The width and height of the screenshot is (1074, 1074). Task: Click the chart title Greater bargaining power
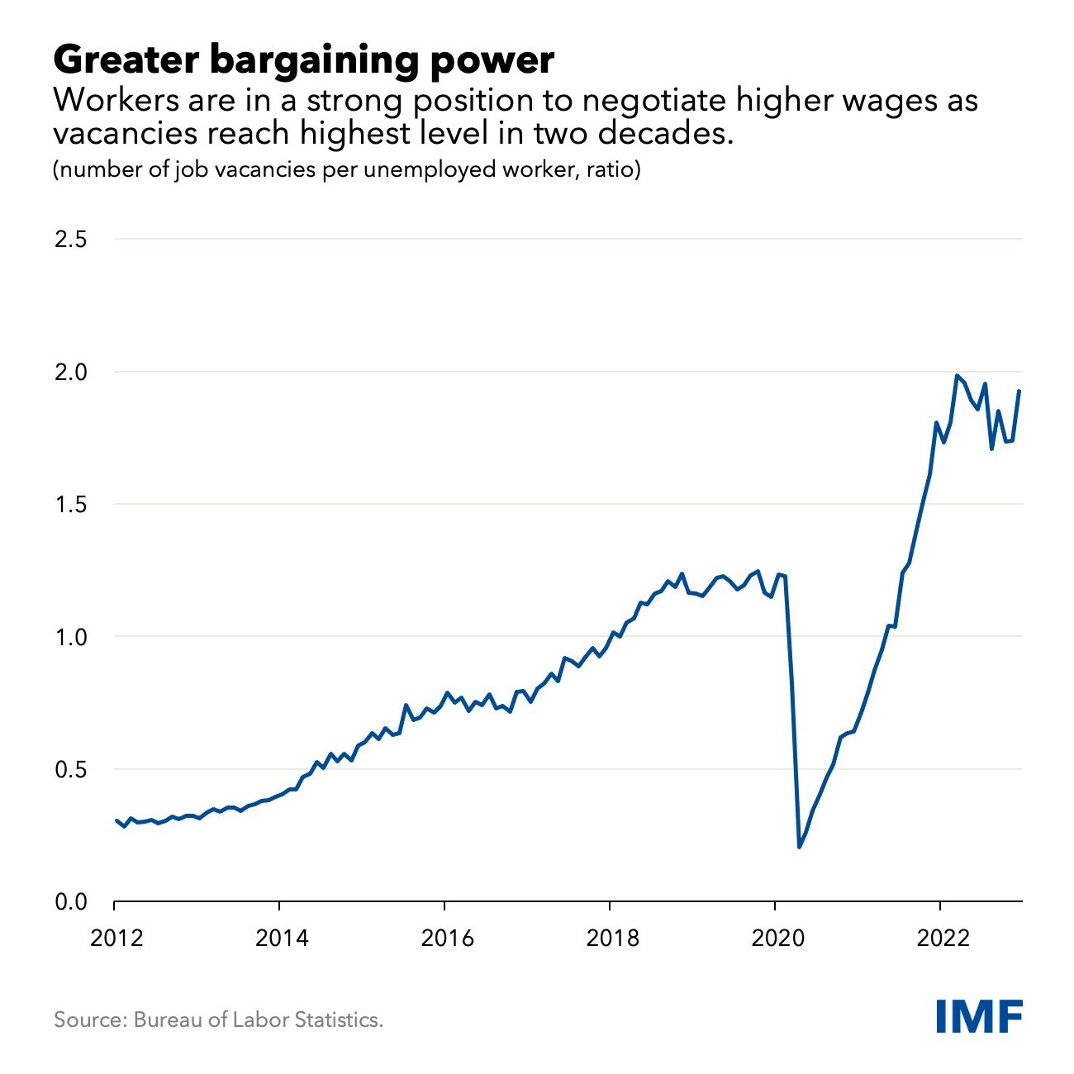coord(303,60)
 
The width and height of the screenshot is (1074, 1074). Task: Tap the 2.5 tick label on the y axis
coord(71,240)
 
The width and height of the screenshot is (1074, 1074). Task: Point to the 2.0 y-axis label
coord(71,373)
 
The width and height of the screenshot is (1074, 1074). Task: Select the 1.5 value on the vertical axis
coord(71,505)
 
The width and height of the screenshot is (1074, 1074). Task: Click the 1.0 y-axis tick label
coord(71,637)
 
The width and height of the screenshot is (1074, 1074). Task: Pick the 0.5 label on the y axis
coord(71,770)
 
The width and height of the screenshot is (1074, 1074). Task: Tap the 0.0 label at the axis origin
coord(71,902)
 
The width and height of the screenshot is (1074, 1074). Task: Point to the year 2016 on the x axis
coord(447,939)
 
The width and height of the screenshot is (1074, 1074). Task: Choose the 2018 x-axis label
coord(612,939)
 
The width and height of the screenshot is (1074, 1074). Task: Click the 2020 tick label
coord(777,939)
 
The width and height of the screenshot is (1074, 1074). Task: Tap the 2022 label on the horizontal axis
coord(943,939)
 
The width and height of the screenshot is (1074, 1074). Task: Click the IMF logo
coord(980,1015)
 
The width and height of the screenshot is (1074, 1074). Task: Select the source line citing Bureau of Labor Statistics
coord(219,1019)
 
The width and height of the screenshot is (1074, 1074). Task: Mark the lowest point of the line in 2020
coord(799,847)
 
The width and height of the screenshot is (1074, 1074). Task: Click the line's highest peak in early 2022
coord(957,376)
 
